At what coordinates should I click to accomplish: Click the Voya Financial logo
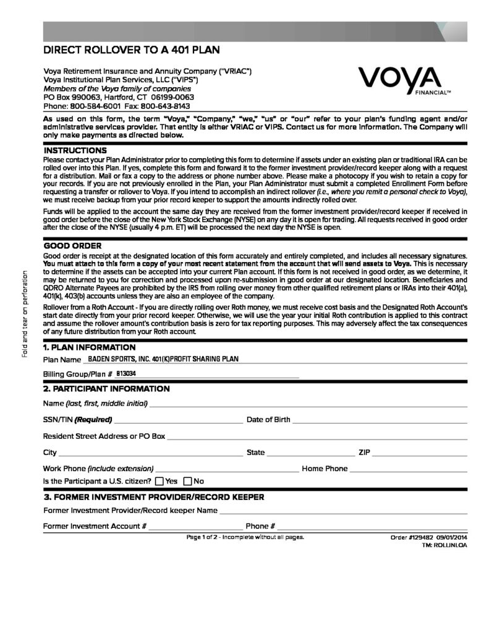(x=402, y=80)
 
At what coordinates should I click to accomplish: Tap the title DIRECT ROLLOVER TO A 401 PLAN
(x=132, y=51)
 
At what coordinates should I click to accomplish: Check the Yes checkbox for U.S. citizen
(x=159, y=481)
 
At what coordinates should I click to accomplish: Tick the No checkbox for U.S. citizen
(x=188, y=481)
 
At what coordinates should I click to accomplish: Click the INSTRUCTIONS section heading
(x=75, y=150)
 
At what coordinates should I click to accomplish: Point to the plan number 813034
(x=126, y=374)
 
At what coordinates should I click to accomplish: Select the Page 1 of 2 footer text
(x=245, y=537)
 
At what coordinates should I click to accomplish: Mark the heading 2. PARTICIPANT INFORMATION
(x=106, y=389)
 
